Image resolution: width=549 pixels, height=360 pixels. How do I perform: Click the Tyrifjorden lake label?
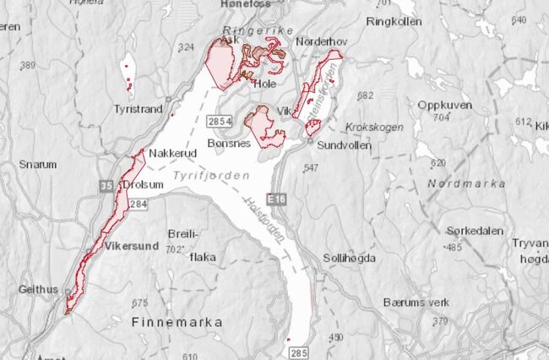[209, 176]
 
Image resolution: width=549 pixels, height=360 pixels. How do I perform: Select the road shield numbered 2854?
[220, 122]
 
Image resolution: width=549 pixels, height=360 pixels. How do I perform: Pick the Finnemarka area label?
[177, 322]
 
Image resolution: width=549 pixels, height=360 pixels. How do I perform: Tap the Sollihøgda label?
[350, 258]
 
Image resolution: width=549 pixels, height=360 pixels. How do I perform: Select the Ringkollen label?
[394, 22]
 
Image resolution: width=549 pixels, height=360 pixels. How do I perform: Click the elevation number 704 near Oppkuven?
[441, 118]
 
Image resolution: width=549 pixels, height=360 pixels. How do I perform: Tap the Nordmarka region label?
[466, 183]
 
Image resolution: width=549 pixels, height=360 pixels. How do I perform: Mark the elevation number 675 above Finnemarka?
[139, 303]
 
